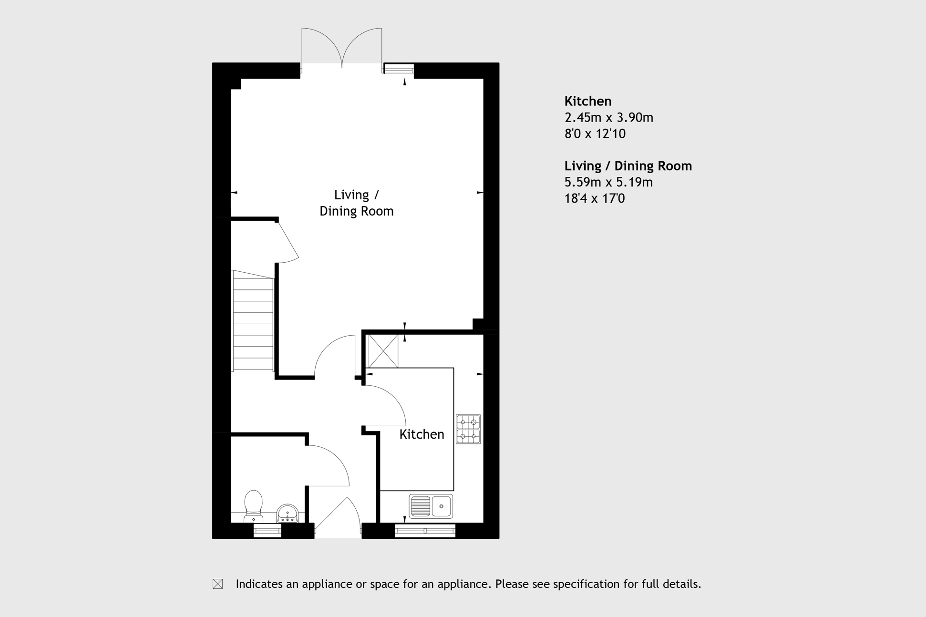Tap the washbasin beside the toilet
pos(288,514)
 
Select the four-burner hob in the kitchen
pos(468,429)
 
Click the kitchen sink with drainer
pos(431,506)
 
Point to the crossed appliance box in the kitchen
pos(383,351)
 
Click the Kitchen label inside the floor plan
pos(422,434)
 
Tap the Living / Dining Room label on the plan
pos(356,203)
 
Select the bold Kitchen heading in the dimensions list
pos(587,101)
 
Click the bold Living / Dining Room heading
pos(628,166)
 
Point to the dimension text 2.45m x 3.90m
pos(608,117)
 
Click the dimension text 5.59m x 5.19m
pos(608,182)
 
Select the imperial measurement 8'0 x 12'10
pos(595,134)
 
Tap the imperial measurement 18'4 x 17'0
pos(594,198)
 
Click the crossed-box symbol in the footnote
pos(217,584)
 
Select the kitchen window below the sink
pos(425,530)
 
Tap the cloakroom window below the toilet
pos(267,530)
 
